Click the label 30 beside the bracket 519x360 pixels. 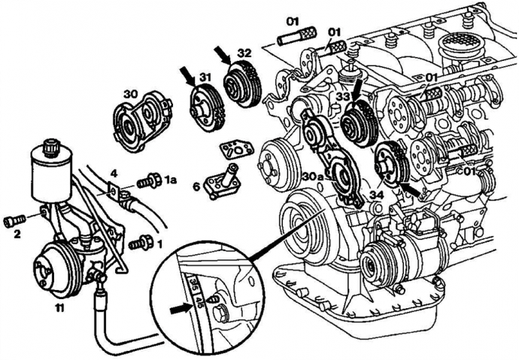pyautogui.click(x=131, y=95)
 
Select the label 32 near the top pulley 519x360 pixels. pyautogui.click(x=243, y=53)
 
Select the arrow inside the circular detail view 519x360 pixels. pyautogui.click(x=179, y=307)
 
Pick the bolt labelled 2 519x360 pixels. pyautogui.click(x=14, y=221)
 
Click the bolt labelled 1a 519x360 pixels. pyautogui.click(x=154, y=180)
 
